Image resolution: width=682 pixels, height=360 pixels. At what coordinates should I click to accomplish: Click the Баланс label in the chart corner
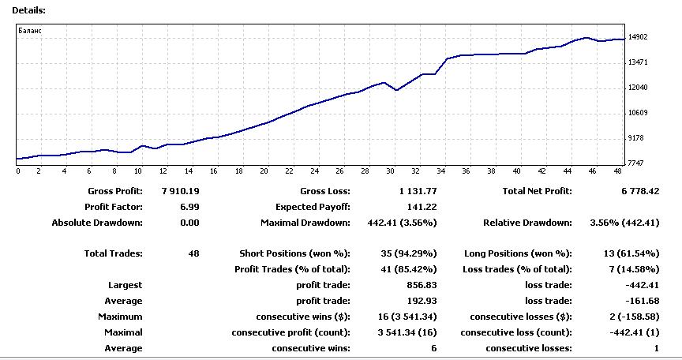point(30,31)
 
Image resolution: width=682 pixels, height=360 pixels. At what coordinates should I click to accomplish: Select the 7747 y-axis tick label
point(636,163)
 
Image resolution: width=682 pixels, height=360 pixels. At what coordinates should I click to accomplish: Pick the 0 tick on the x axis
point(17,171)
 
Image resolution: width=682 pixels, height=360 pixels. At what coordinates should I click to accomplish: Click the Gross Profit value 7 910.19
point(180,191)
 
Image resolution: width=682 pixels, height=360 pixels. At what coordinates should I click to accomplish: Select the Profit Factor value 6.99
point(189,207)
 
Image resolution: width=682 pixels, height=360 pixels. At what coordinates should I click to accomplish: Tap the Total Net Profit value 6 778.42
point(635,191)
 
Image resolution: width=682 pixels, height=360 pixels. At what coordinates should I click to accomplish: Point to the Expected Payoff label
point(313,207)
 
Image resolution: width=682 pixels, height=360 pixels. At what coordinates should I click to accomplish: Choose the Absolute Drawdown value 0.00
point(189,223)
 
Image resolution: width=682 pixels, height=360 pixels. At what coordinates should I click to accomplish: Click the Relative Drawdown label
point(527,223)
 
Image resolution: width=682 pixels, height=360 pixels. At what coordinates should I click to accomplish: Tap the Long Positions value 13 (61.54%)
point(628,253)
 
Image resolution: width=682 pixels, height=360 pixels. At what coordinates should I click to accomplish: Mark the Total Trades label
point(113,253)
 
